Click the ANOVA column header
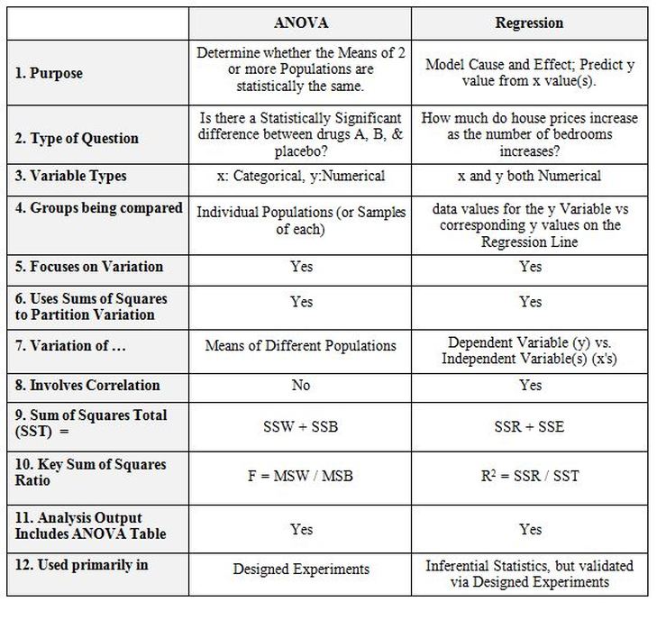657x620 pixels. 301,23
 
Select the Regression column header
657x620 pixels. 530,23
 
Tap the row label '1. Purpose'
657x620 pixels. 49,74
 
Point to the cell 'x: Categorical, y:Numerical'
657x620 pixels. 301,177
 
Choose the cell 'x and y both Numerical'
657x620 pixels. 530,177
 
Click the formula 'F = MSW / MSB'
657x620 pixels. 301,475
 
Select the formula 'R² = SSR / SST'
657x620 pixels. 530,475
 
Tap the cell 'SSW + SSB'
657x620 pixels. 301,426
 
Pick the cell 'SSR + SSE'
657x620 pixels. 530,426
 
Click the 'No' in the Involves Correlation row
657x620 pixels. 301,386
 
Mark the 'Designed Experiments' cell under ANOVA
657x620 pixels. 301,570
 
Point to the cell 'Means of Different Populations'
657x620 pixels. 301,345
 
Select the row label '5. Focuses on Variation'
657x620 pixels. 88,267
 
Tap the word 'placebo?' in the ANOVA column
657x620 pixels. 301,150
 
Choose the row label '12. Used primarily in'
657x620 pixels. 81,565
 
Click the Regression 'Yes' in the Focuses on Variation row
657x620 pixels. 530,267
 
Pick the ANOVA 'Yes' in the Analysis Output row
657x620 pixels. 301,529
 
